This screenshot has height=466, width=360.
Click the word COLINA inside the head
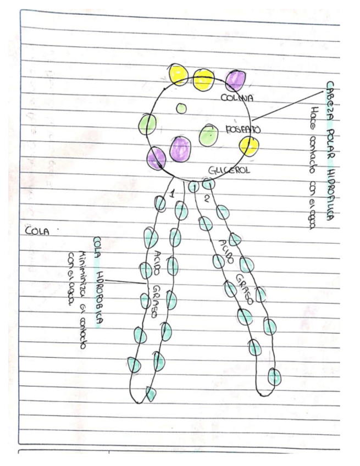[x=237, y=99]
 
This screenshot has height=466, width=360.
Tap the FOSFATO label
[x=243, y=130]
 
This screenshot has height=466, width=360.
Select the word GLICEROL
[x=229, y=170]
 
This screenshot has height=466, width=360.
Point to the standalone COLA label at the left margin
[x=37, y=231]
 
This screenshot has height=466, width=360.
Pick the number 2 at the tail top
[x=206, y=198]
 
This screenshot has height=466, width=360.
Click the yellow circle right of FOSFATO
[x=249, y=146]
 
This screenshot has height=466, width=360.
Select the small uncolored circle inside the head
[x=181, y=108]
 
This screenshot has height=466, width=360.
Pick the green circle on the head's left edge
[x=147, y=124]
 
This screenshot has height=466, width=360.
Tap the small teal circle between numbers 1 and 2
[x=193, y=187]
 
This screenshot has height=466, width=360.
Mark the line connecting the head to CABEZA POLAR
[x=286, y=104]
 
